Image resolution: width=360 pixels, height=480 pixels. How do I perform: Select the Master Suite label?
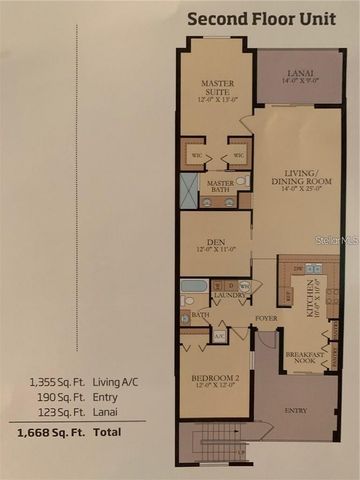[216, 91]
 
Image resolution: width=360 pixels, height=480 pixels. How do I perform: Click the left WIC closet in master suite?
[196, 155]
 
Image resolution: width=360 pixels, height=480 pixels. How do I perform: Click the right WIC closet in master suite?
[237, 155]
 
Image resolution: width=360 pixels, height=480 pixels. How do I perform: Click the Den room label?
[215, 244]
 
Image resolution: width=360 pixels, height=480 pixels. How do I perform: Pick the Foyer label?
[265, 319]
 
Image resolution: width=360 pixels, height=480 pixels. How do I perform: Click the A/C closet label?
[219, 336]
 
